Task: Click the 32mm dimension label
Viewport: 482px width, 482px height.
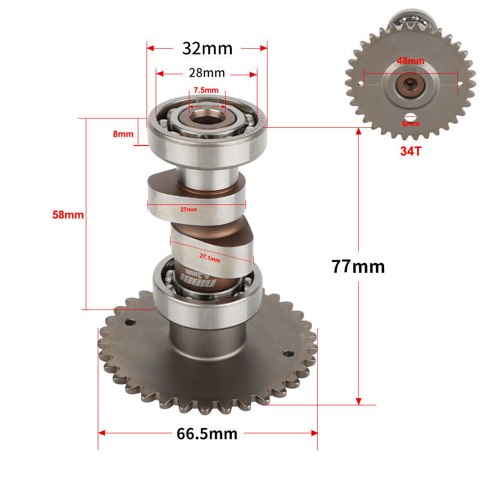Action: (x=207, y=48)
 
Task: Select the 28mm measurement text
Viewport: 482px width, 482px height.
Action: (x=207, y=73)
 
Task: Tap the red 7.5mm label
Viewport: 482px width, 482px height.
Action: (x=206, y=90)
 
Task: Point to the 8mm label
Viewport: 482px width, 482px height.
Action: (x=123, y=134)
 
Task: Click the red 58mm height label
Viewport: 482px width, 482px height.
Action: (x=68, y=214)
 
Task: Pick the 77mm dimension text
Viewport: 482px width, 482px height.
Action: (x=358, y=266)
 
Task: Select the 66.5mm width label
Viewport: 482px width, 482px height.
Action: (x=207, y=434)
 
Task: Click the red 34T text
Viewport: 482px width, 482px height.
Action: (x=410, y=151)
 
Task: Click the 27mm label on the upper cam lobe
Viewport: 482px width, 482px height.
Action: (x=188, y=210)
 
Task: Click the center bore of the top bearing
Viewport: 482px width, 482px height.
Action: (x=207, y=116)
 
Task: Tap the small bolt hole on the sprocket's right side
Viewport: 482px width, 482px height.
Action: (x=288, y=354)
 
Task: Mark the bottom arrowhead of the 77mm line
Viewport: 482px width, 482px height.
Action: (x=358, y=401)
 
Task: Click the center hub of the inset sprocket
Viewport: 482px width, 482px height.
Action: (x=410, y=85)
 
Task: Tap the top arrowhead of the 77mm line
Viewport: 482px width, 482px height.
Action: (x=358, y=131)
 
